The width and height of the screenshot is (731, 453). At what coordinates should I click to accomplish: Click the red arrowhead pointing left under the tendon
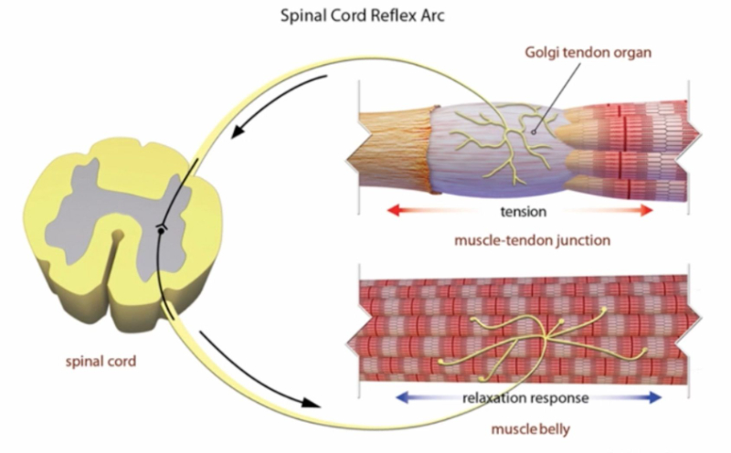pos(392,211)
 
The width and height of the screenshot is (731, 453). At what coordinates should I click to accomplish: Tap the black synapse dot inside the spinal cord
pos(161,231)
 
